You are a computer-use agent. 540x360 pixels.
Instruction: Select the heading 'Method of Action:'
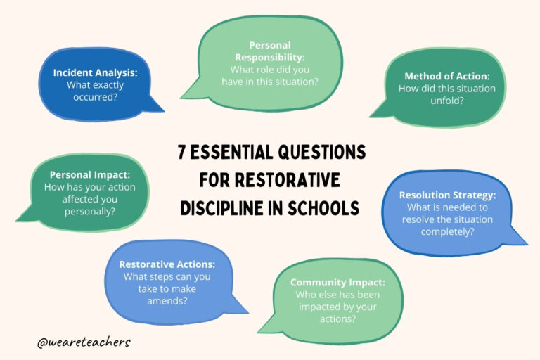447,76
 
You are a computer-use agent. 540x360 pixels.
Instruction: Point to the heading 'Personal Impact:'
89,174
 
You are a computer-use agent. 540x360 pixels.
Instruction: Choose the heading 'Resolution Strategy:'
446,195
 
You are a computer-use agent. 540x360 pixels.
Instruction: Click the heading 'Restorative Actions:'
167,264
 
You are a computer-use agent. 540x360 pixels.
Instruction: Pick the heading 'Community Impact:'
337,282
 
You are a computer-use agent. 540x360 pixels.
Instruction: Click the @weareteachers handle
84,342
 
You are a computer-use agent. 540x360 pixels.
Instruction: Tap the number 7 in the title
181,153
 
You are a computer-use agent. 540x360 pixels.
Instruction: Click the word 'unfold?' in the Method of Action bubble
447,100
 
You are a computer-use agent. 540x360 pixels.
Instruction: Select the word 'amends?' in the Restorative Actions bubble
167,300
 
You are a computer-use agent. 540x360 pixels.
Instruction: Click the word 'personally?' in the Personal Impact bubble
89,210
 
